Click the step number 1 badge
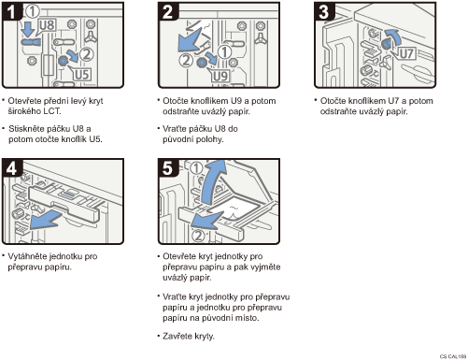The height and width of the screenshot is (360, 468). click(x=10, y=11)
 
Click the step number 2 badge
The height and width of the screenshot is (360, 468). click(x=168, y=11)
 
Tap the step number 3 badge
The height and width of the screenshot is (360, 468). click(x=324, y=11)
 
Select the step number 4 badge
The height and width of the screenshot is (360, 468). click(x=12, y=168)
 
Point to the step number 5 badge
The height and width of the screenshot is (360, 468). click(x=168, y=168)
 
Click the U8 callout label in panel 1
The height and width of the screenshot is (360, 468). click(x=47, y=25)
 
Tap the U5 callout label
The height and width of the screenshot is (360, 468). click(x=82, y=75)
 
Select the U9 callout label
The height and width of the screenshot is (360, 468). click(x=220, y=77)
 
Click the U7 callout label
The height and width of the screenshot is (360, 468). click(x=407, y=53)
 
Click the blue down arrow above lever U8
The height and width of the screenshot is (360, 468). click(x=29, y=29)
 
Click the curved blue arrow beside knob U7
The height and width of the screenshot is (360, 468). click(x=393, y=36)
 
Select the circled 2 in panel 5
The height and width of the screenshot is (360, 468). click(x=199, y=236)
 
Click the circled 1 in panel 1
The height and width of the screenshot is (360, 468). click(x=33, y=11)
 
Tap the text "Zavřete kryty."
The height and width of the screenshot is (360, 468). click(x=189, y=337)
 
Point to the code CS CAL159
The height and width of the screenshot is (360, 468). click(x=453, y=356)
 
